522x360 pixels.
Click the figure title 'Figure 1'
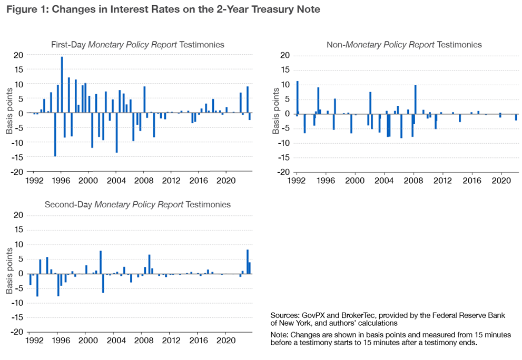27,9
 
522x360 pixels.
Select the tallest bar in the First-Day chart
62,85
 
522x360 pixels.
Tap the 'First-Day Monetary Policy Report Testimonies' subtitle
137,45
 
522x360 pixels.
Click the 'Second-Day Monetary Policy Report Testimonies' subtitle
137,204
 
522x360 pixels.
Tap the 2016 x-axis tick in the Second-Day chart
198,340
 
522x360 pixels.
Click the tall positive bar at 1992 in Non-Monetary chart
297,97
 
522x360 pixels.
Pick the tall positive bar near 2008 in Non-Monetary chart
415,99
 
